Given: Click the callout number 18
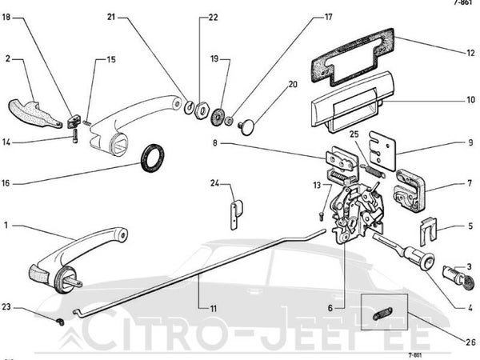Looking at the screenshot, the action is click(6, 17).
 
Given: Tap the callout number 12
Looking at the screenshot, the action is click(470, 53).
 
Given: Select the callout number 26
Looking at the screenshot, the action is click(470, 342).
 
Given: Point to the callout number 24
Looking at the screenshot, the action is click(214, 183).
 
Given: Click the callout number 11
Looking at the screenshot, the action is click(213, 309).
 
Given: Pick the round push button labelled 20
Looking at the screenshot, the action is click(247, 127).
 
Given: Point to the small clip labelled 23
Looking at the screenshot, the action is click(61, 322).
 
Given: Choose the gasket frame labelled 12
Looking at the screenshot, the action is click(353, 58).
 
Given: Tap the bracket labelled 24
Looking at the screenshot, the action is click(236, 214).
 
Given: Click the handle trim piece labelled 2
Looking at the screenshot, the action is click(34, 114).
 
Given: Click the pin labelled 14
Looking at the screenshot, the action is click(75, 136).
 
